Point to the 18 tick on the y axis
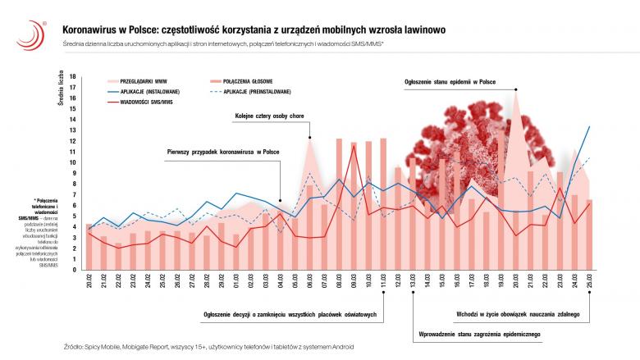[x=73, y=76]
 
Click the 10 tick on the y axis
[x=73, y=162]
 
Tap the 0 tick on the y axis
[x=74, y=270]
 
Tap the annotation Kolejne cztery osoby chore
[x=269, y=116]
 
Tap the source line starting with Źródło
[x=209, y=348]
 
